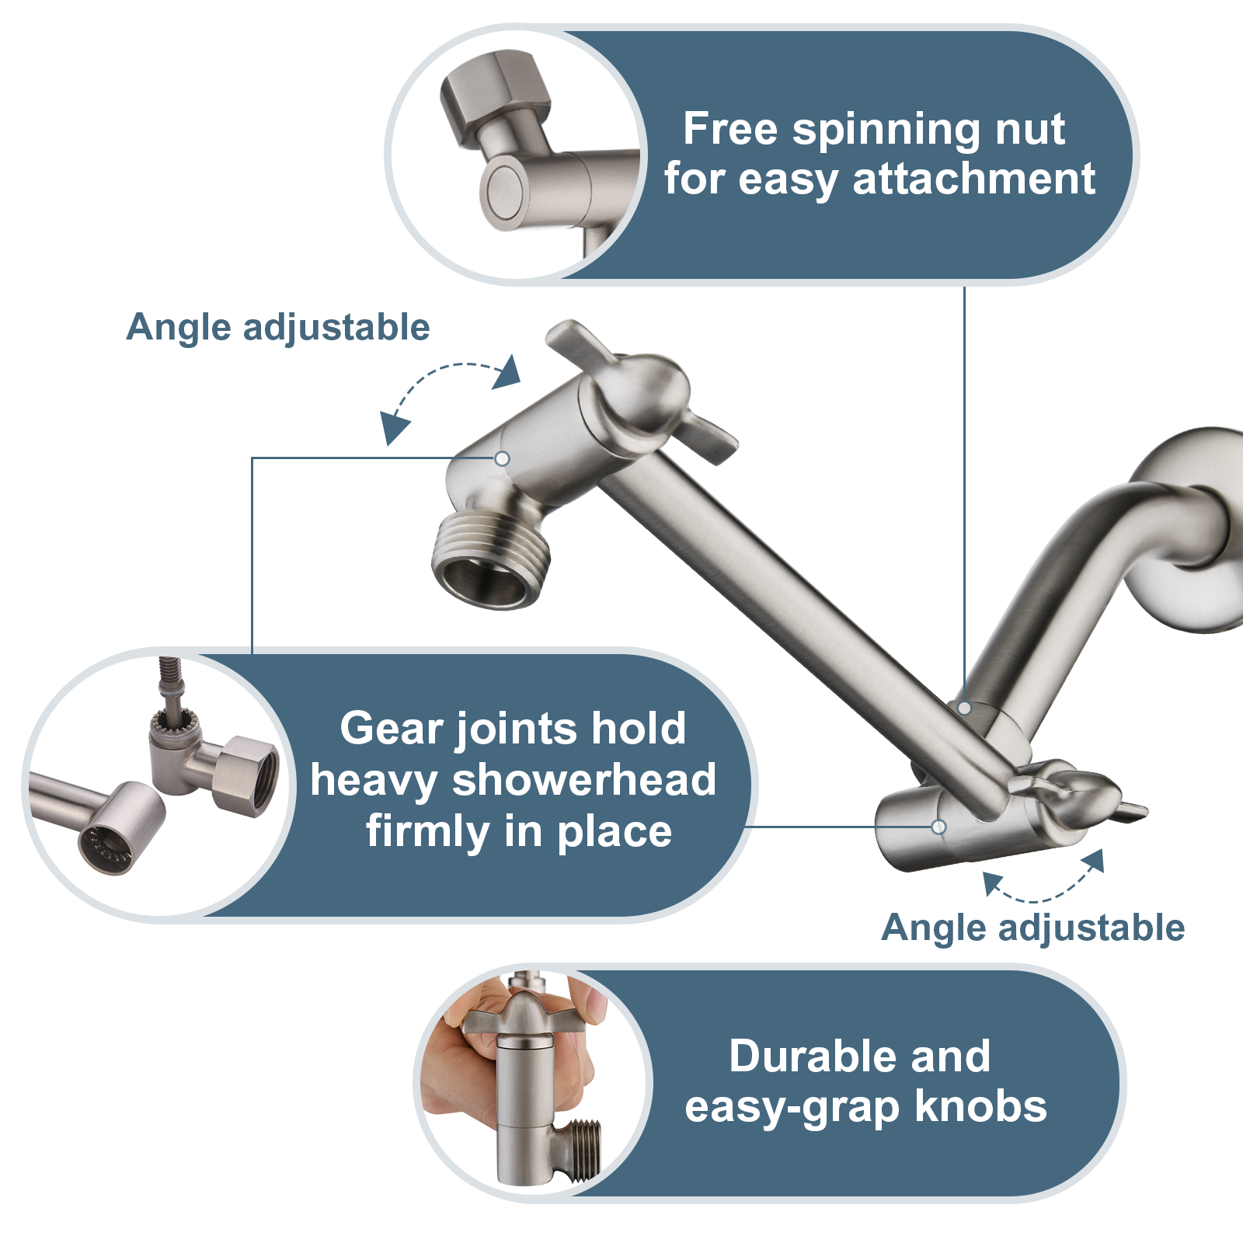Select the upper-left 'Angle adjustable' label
278,327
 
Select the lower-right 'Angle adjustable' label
1033,928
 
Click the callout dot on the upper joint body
503,459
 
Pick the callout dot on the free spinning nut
964,708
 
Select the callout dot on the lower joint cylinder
938,827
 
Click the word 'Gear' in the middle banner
392,729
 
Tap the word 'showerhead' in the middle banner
583,780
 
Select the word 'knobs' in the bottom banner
980,1106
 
